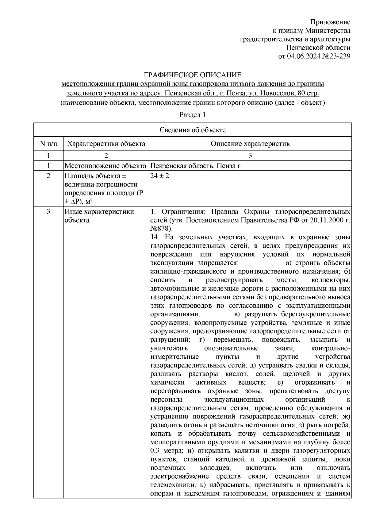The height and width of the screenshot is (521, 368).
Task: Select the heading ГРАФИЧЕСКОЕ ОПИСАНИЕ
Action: click(193, 75)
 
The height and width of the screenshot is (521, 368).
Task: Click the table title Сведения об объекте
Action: click(192, 130)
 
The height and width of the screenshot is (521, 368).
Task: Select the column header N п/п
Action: click(48, 144)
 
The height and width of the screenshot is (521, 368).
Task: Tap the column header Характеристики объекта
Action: click(106, 144)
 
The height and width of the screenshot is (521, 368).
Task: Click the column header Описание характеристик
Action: click(250, 144)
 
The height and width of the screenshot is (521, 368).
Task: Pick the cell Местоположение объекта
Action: click(105, 166)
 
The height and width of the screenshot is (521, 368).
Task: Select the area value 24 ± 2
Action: click(160, 176)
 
